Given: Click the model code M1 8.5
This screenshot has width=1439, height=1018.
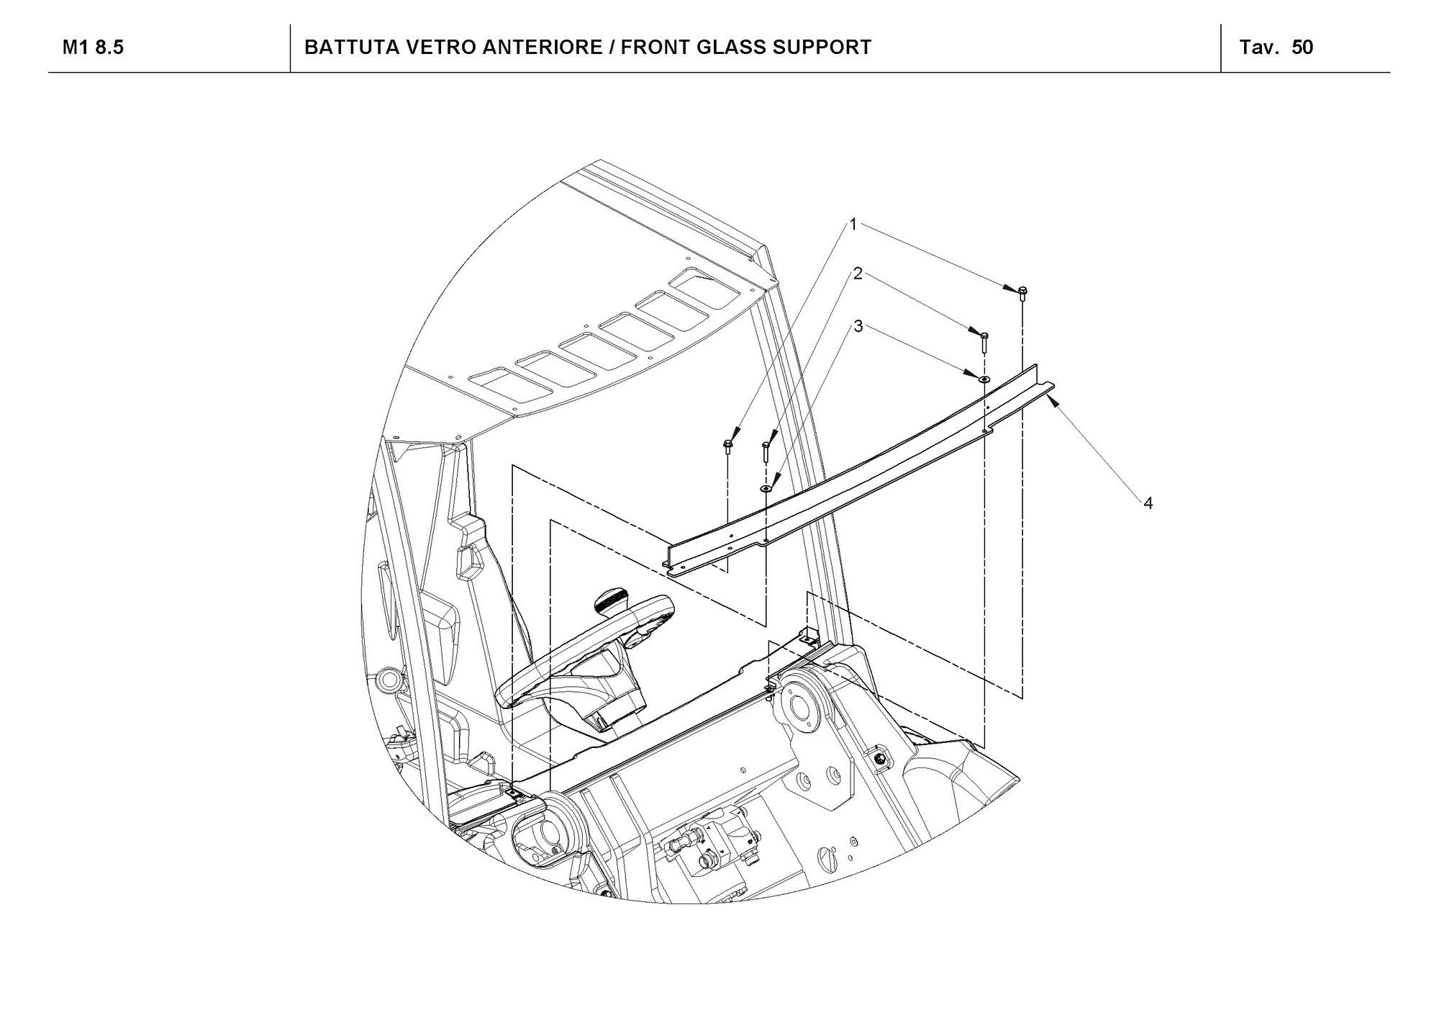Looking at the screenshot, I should [x=93, y=48].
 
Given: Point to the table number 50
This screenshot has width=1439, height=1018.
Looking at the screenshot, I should [x=1302, y=48].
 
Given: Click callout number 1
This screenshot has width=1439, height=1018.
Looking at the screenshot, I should [x=853, y=225].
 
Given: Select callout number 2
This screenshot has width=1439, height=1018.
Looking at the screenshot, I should [x=858, y=274].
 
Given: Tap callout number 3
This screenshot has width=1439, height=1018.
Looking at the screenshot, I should [x=858, y=326].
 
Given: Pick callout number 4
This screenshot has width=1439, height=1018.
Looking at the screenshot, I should [x=1148, y=503].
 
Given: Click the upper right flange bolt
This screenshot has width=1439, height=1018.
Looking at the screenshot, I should [x=1022, y=292].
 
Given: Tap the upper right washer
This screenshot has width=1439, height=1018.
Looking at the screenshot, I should [x=984, y=378].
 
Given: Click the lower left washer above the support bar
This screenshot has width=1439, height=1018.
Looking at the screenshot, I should [x=766, y=488].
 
